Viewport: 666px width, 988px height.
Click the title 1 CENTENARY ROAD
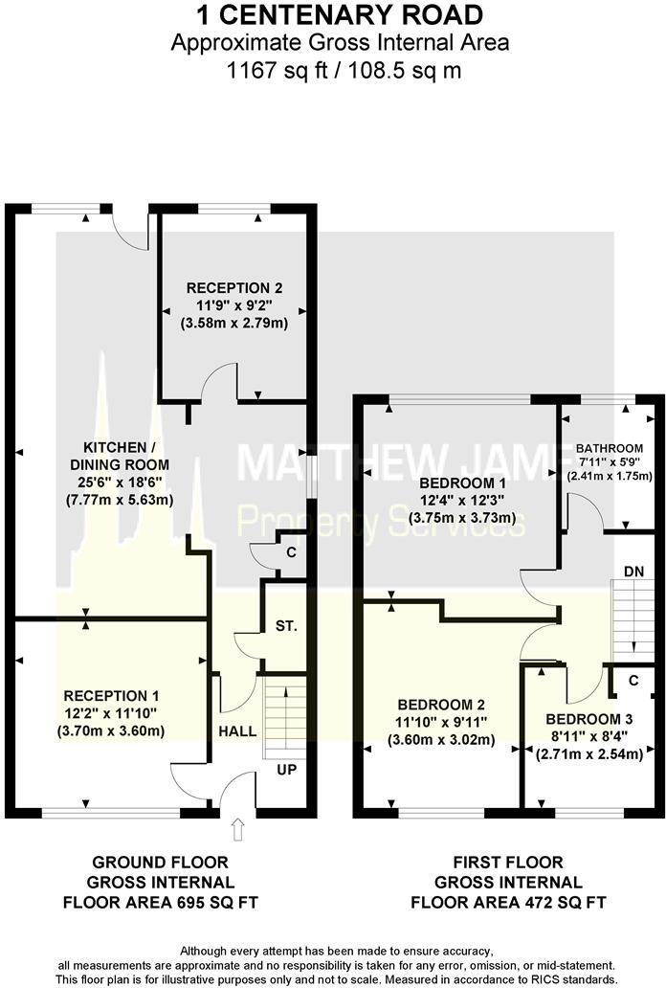point(326,14)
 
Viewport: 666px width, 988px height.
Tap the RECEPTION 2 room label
point(234,287)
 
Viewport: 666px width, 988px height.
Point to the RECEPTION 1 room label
point(112,696)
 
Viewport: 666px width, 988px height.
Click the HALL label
point(237,731)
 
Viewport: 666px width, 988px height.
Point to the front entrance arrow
point(237,826)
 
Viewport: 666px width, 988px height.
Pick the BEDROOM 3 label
point(589,719)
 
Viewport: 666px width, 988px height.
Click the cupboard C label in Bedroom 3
point(634,681)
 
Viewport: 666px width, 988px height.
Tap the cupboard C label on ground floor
point(291,553)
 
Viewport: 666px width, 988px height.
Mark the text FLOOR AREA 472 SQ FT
point(508,901)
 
